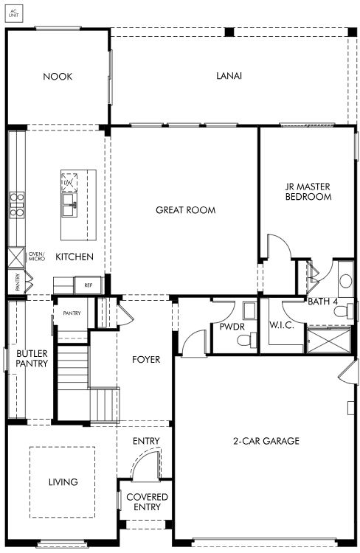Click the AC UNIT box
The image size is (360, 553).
(14, 13)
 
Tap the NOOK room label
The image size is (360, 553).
(58, 77)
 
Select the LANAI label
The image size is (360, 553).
(229, 76)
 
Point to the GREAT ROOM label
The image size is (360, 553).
(186, 210)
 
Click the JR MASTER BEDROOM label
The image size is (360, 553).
(308, 192)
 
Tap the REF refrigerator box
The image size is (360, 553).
(89, 285)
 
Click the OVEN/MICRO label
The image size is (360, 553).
(37, 257)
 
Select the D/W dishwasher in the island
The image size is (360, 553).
(69, 181)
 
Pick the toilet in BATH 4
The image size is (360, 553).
(344, 312)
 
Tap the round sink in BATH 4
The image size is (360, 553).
(345, 281)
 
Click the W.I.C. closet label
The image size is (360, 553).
(282, 325)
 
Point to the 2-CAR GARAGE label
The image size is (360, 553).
(266, 441)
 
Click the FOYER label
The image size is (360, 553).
(146, 360)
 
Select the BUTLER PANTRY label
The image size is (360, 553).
(32, 358)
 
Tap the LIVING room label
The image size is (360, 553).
(63, 481)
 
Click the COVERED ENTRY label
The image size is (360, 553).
(148, 502)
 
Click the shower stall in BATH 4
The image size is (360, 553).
(328, 340)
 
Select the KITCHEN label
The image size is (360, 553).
(75, 257)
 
